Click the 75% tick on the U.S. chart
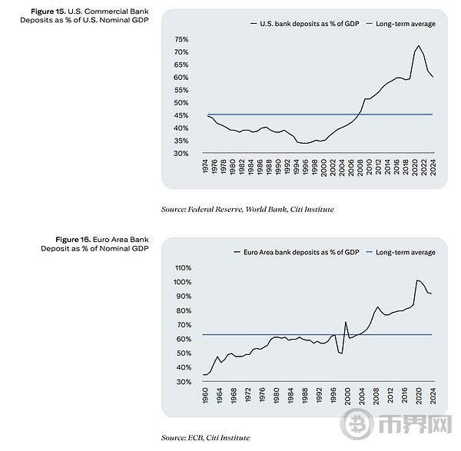tap(181, 39)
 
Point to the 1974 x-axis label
tap(205, 167)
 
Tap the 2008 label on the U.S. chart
tap(360, 167)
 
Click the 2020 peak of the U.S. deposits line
tap(419, 45)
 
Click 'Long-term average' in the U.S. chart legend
tap(406, 24)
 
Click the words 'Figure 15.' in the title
tap(48, 12)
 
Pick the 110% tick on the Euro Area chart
tap(183, 268)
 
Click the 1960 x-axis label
tap(205, 396)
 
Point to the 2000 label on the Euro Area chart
tap(347, 396)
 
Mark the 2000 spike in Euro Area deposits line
tap(346, 322)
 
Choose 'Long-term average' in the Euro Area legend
tap(406, 252)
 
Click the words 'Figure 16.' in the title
tap(73, 240)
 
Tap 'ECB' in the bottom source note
tap(195, 438)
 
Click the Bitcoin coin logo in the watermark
tap(357, 424)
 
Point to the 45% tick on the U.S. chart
tap(181, 115)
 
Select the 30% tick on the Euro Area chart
tap(184, 382)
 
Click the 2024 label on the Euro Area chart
tap(433, 396)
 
